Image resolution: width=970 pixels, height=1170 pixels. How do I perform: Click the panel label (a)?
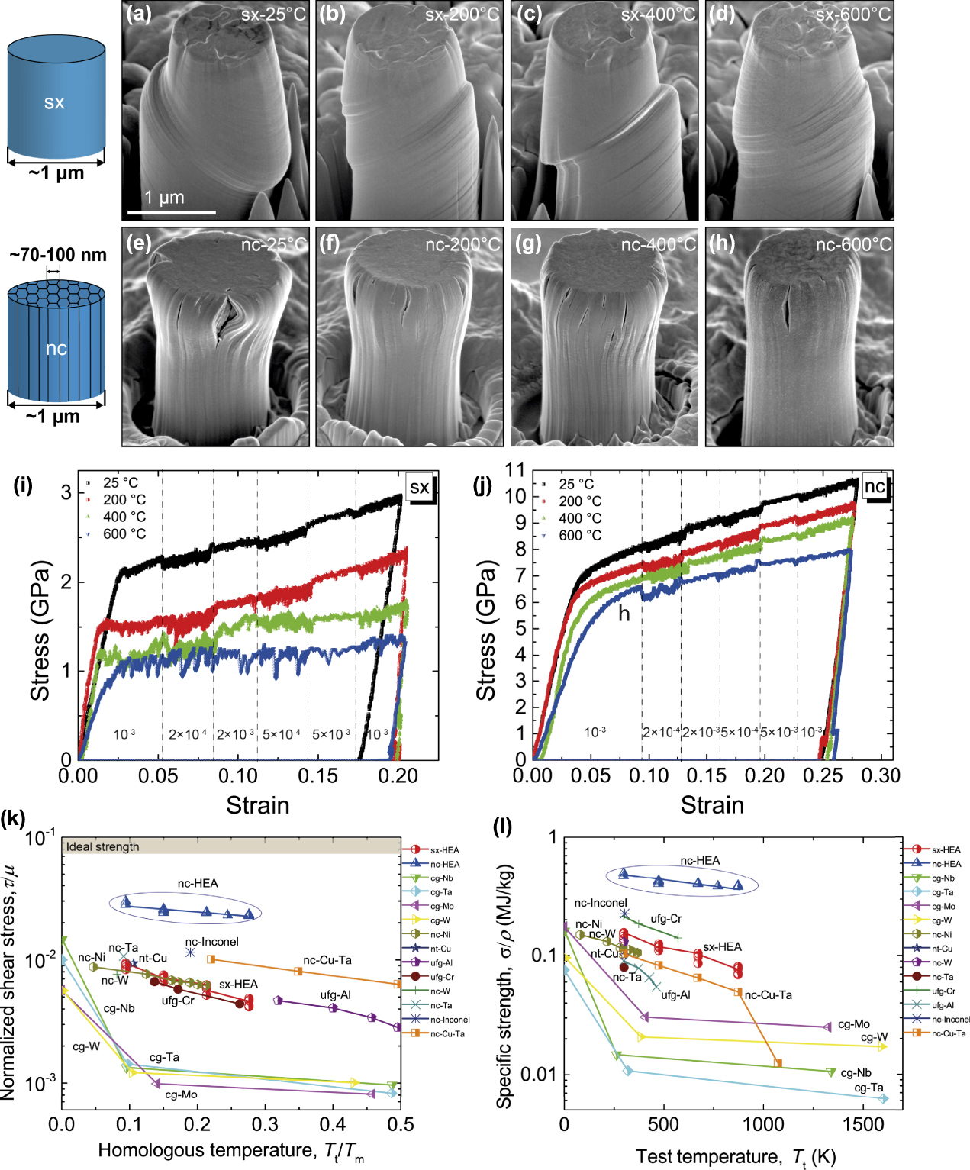(139, 14)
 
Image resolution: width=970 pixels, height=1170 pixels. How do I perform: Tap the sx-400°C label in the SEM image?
(658, 15)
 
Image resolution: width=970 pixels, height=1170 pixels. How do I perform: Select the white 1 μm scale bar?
(172, 212)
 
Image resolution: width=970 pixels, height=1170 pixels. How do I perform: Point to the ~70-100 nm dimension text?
(58, 255)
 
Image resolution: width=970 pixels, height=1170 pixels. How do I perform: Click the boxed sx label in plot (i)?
(420, 487)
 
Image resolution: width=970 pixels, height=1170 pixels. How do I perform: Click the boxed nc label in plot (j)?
(875, 487)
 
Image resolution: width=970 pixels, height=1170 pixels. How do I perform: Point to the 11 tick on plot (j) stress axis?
(515, 470)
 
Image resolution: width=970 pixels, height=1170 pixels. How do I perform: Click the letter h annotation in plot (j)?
(624, 614)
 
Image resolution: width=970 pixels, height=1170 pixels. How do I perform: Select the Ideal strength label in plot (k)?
(102, 846)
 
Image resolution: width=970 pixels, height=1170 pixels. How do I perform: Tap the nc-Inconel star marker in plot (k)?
(190, 952)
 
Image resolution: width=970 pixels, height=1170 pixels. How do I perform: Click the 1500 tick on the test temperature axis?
(862, 1123)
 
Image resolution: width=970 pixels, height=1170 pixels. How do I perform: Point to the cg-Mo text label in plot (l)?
(853, 1024)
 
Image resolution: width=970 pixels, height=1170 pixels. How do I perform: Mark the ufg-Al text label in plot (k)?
(335, 994)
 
